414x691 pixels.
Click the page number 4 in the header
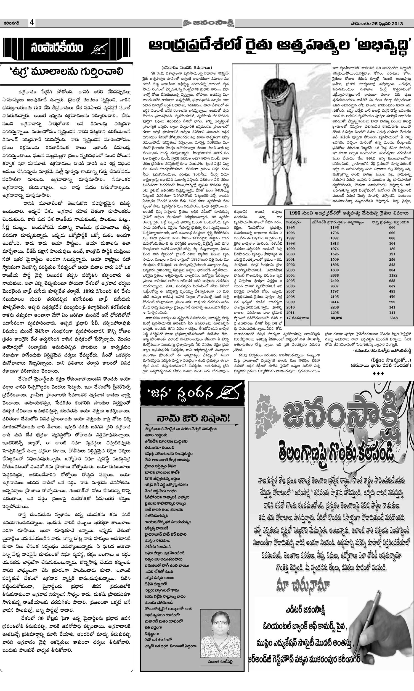[x=32, y=23]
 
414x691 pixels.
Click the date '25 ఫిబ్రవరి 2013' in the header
[x=385, y=23]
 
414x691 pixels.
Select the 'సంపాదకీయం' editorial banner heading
[x=57, y=48]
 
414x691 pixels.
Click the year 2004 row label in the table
[x=290, y=275]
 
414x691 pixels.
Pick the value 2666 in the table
[x=335, y=275]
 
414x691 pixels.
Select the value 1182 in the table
[x=392, y=275]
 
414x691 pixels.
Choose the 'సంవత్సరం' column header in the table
[x=293, y=222]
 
